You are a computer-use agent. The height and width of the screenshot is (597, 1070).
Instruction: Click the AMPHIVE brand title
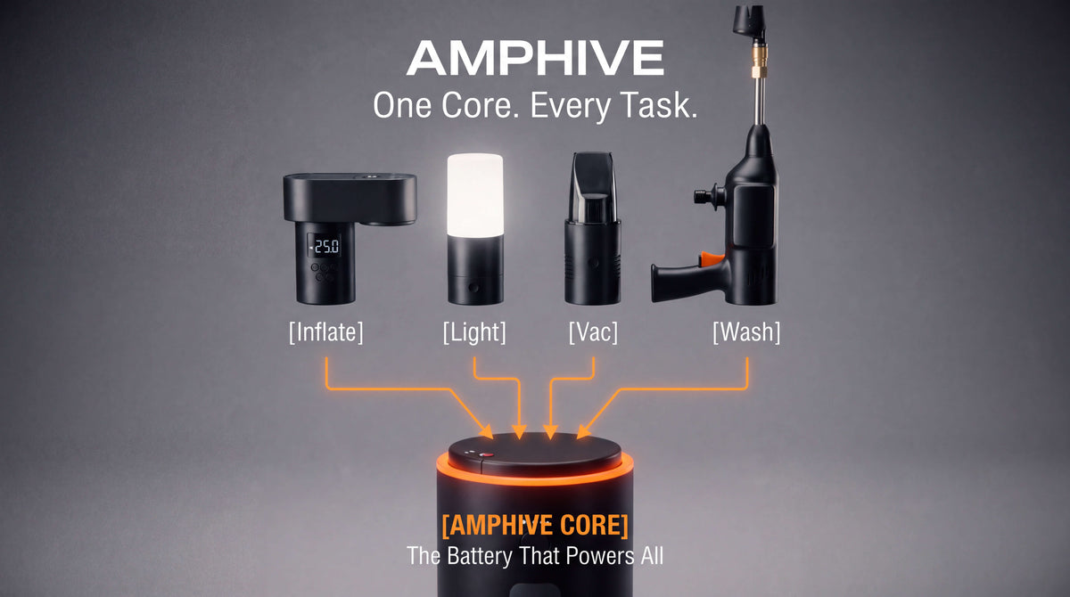pyautogui.click(x=535, y=58)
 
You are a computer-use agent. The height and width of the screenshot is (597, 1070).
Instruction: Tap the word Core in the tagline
pyautogui.click(x=480, y=105)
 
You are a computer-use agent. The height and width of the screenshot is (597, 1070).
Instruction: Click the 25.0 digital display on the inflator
pyautogui.click(x=325, y=246)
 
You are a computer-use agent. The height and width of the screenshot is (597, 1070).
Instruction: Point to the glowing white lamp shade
pyautogui.click(x=474, y=195)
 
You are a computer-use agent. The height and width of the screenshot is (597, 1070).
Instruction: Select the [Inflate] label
pyautogui.click(x=325, y=332)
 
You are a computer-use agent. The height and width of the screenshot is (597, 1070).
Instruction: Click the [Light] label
pyautogui.click(x=474, y=332)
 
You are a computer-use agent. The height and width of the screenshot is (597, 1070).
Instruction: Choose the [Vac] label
pyautogui.click(x=593, y=332)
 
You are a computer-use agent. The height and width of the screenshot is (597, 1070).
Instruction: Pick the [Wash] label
pyautogui.click(x=746, y=332)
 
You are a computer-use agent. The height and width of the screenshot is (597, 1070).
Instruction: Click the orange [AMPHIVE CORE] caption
pyautogui.click(x=535, y=526)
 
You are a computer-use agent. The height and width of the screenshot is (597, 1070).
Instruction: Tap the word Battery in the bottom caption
pyautogui.click(x=480, y=556)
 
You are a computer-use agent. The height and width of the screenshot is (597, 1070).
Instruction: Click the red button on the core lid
pyautogui.click(x=487, y=454)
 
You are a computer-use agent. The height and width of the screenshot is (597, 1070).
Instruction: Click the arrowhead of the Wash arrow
pyautogui.click(x=583, y=431)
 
